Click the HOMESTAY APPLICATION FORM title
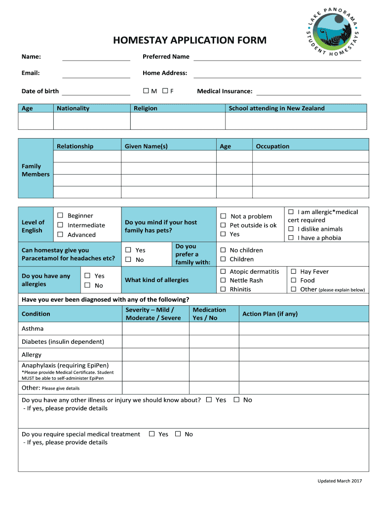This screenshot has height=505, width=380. pyautogui.click(x=190, y=40)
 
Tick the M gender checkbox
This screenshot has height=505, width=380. pyautogui.click(x=146, y=91)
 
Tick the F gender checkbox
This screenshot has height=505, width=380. pyautogui.click(x=165, y=91)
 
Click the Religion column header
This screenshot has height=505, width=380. pyautogui.click(x=146, y=108)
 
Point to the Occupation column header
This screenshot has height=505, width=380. pyautogui.click(x=272, y=146)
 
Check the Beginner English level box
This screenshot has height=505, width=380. pyautogui.click(x=60, y=216)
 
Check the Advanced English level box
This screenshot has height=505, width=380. pyautogui.click(x=60, y=235)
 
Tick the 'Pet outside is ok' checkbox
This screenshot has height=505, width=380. pyautogui.click(x=223, y=225)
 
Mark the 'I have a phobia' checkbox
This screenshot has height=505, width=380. pyautogui.click(x=291, y=238)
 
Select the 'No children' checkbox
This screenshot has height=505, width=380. pyautogui.click(x=223, y=251)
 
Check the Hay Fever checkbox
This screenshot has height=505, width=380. pyautogui.click(x=294, y=272)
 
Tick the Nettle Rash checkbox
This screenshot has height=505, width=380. pyautogui.click(x=223, y=281)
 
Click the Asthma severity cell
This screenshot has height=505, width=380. pyautogui.click(x=155, y=329)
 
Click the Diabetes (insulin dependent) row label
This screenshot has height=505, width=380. pyautogui.click(x=63, y=342)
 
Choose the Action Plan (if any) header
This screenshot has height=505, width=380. pyautogui.click(x=269, y=314)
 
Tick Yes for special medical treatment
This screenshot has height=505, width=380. pyautogui.click(x=152, y=434)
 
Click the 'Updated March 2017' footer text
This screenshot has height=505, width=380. pyautogui.click(x=340, y=481)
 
